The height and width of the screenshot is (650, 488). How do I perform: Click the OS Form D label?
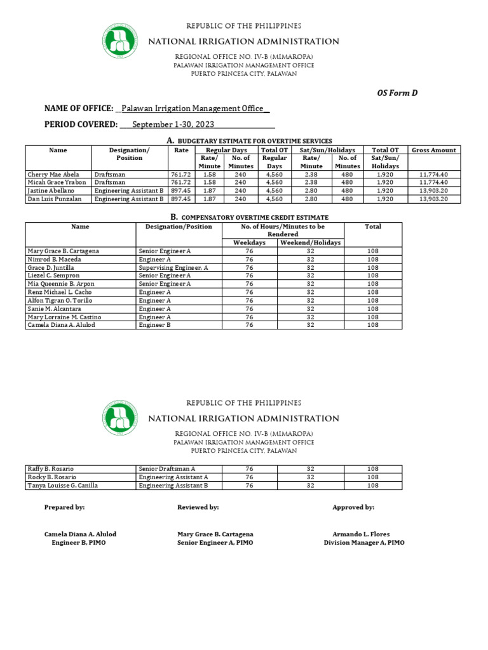tap(398, 93)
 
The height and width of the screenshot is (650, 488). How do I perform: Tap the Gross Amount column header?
tap(434, 150)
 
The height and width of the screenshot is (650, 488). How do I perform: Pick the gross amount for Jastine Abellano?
tap(434, 190)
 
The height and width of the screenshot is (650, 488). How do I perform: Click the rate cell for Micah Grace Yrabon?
tap(180, 182)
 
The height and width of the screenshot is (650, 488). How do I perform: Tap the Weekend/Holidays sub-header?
tap(310, 242)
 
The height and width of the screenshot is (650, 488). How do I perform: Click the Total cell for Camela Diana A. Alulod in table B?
tap(372, 325)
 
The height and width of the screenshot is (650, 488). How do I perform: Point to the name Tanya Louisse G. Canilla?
tap(63, 486)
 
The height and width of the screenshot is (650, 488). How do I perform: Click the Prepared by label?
tap(64, 508)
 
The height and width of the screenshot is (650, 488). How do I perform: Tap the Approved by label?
tap(353, 508)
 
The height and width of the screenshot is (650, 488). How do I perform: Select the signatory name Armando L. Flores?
tap(361, 534)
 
